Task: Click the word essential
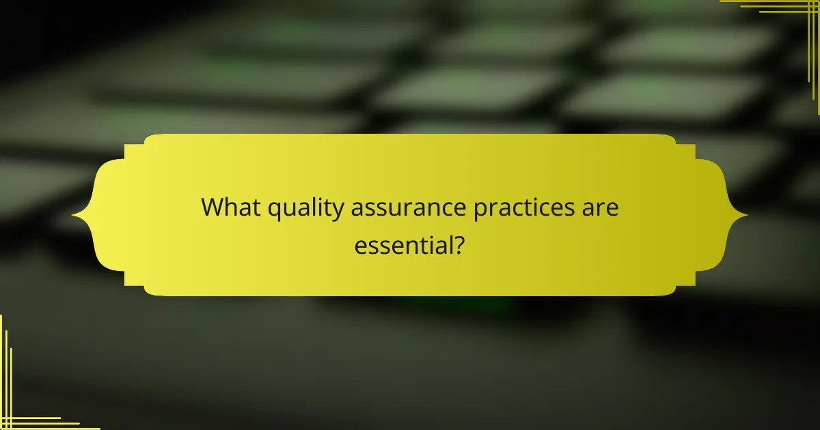402,245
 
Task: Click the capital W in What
214,208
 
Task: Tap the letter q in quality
275,211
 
